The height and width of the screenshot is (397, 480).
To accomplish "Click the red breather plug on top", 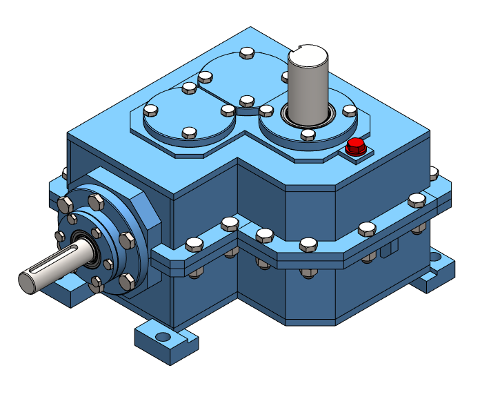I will pyautogui.click(x=356, y=146).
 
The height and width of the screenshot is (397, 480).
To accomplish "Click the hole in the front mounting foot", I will pyautogui.click(x=163, y=336).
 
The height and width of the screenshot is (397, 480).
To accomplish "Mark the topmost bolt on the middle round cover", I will pyautogui.click(x=247, y=54).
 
